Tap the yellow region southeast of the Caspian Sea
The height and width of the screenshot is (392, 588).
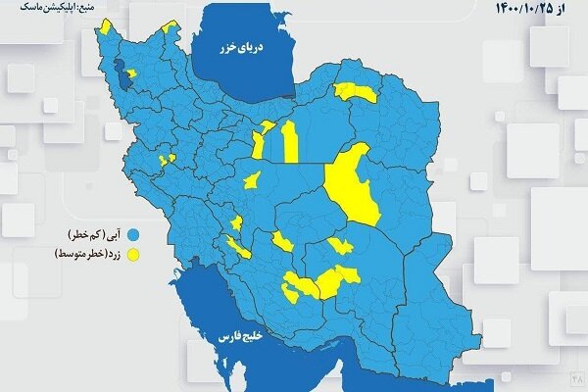click(355, 93)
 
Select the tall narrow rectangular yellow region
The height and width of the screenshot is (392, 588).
click(290, 142)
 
